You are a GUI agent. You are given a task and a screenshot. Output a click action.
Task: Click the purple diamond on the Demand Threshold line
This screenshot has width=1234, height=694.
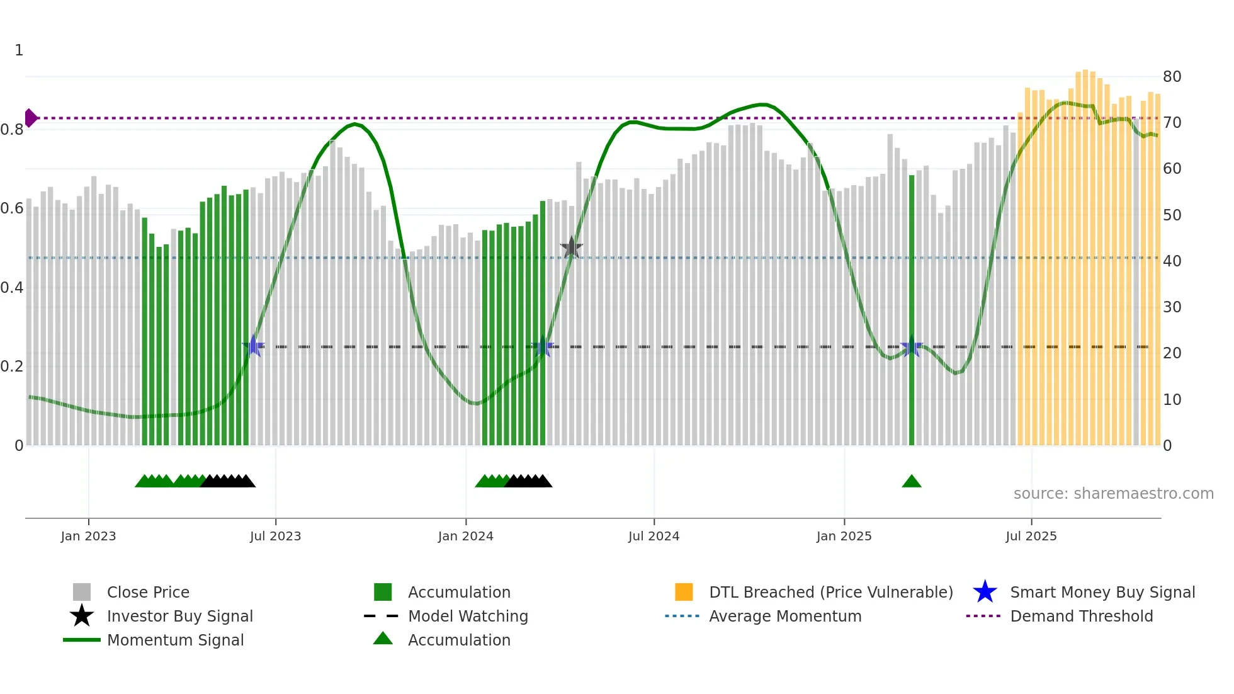tap(30, 118)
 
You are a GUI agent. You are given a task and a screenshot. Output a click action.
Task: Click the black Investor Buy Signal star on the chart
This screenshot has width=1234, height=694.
tap(571, 247)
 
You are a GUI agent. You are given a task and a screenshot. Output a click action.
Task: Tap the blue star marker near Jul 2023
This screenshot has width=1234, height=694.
tap(253, 346)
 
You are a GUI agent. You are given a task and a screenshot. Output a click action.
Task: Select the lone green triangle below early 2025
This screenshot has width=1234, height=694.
tap(911, 482)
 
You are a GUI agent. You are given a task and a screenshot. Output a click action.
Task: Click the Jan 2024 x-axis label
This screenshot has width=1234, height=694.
tap(465, 536)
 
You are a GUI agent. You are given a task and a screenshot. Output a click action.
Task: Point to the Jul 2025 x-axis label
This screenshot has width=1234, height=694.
tap(1031, 536)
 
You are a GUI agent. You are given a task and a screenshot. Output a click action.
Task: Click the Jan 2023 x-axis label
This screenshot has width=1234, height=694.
tap(88, 536)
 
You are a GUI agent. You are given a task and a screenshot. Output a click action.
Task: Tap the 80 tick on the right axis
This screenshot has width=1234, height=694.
tap(1172, 77)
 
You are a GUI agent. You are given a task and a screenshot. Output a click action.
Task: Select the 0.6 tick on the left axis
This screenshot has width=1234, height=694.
tap(12, 208)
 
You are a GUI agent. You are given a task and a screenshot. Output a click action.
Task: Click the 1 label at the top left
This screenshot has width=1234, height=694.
tap(19, 50)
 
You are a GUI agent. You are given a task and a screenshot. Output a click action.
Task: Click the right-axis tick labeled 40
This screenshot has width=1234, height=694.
tap(1172, 261)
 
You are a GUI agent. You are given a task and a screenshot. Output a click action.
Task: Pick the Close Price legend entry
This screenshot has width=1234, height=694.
tap(148, 592)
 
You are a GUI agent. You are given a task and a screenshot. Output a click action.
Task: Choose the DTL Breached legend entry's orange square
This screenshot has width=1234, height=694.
tap(684, 592)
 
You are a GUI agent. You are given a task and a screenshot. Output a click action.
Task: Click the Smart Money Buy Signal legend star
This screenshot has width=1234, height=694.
tap(985, 592)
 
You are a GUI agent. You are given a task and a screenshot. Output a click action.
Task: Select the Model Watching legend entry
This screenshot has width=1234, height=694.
tap(468, 616)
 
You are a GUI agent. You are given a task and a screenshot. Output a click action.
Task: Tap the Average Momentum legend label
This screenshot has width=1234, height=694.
tap(785, 616)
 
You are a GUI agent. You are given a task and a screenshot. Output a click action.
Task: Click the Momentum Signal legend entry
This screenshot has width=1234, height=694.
tap(175, 640)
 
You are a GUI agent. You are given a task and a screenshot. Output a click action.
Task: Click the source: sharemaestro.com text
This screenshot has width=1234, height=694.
tap(1113, 494)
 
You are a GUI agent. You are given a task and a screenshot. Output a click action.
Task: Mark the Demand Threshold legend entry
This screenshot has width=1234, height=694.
tap(1081, 616)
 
